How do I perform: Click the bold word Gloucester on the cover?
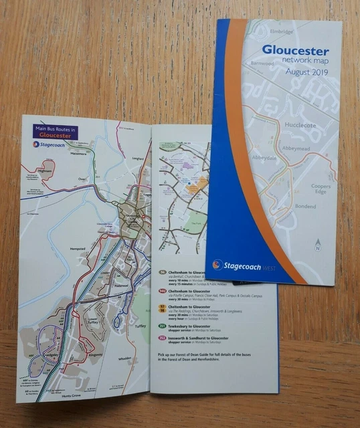tap(295, 50)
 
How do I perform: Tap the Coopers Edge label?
tap(321, 190)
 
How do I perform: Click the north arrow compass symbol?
tap(318, 245)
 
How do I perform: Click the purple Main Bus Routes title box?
tap(56, 130)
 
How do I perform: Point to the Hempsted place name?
tap(78, 249)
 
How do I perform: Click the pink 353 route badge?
tap(162, 340)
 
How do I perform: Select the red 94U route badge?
tap(162, 291)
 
